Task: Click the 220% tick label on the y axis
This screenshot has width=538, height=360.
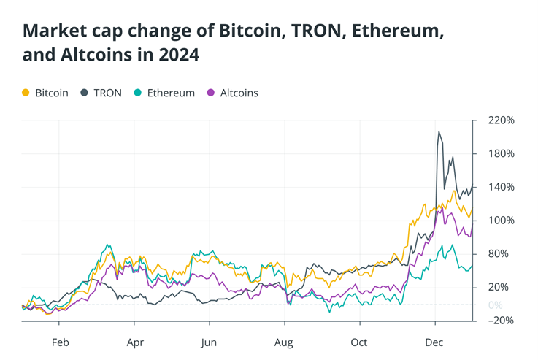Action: click(x=502, y=120)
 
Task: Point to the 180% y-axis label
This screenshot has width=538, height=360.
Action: click(x=502, y=154)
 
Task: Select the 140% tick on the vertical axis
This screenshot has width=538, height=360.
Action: click(x=502, y=187)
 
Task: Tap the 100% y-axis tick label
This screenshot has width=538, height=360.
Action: click(x=502, y=221)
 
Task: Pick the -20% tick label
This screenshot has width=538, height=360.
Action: click(x=501, y=321)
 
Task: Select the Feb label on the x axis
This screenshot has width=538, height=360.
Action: click(x=60, y=342)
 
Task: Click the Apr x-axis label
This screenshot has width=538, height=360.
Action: click(x=134, y=342)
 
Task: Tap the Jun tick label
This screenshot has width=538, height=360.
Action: click(x=209, y=342)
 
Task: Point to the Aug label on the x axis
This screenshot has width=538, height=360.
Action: click(x=284, y=342)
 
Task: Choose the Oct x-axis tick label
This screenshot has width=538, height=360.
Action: click(x=358, y=342)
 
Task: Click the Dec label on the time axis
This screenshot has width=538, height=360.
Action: click(x=435, y=342)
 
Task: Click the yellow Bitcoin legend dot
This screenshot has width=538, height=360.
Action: click(x=26, y=93)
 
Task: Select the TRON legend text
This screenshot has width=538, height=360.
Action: click(x=107, y=93)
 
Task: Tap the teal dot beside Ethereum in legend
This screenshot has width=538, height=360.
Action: click(x=137, y=93)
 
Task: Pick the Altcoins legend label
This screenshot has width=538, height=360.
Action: click(x=239, y=93)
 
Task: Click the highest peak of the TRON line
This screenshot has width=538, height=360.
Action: click(x=439, y=132)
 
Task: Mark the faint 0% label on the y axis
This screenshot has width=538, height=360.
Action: click(x=495, y=305)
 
